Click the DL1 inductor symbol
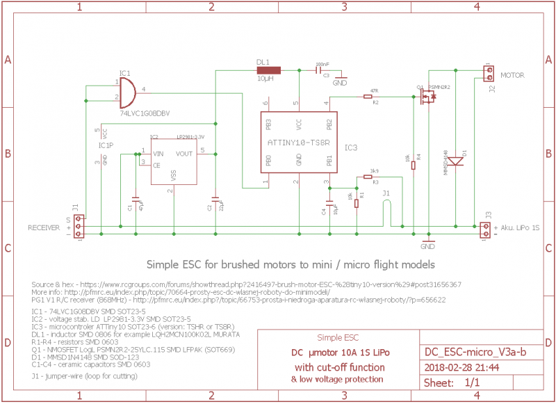click(x=268, y=70)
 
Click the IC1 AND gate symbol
click(x=126, y=90)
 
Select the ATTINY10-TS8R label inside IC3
click(x=298, y=143)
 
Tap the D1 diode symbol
click(x=455, y=161)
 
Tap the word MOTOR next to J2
click(x=513, y=75)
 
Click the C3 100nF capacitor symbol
click(x=318, y=70)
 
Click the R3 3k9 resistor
click(x=369, y=177)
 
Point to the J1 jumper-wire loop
click(x=386, y=209)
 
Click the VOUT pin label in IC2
click(x=185, y=153)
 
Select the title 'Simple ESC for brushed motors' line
click(x=291, y=265)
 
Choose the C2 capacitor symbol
click(x=215, y=202)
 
